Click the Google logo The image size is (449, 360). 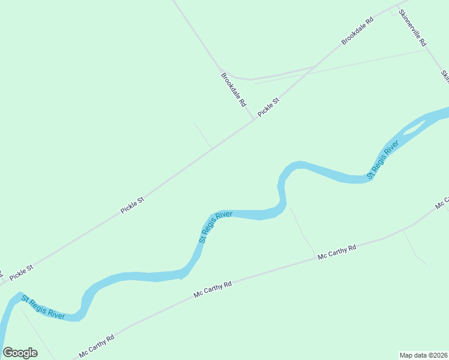point(20,353)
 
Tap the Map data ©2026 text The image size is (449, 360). point(423,355)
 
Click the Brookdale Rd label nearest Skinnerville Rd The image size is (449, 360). point(357,31)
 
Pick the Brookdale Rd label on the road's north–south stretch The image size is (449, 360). point(234,89)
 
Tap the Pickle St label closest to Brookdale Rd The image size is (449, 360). point(269,107)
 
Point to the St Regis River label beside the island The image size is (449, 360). point(383,160)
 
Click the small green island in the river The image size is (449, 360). point(415,126)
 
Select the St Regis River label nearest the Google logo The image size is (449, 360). point(43,307)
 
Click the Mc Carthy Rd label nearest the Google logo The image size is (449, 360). point(96,346)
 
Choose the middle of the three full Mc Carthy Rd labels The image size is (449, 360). point(212,290)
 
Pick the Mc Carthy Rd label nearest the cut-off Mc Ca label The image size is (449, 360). point(337,252)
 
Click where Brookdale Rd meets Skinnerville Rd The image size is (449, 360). point(397,7)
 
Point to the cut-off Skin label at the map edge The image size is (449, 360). point(445,76)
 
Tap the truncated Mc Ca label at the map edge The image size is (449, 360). point(442,202)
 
